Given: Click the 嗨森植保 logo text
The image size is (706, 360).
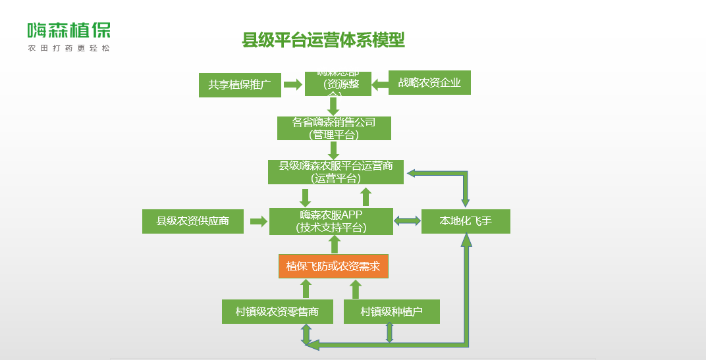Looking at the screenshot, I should coord(68,30).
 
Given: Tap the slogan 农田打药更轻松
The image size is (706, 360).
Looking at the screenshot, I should coord(68,49).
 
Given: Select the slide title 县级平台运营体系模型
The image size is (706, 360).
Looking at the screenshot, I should coord(323,41).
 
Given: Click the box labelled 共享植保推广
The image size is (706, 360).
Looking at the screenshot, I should coord(240,85).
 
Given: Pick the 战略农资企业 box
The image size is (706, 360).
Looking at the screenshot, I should coord(429,82).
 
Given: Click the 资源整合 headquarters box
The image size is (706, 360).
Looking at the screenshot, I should coord(338,84).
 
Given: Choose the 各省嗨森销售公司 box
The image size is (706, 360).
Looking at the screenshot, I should coord(334,128).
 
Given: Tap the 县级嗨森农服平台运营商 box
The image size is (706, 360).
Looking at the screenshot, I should coord(336,172).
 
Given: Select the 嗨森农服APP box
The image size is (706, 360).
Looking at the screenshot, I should coord(331,221).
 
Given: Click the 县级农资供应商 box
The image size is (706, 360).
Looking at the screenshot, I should coord(193,221).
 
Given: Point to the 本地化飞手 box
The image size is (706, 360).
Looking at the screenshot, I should coord(466,221).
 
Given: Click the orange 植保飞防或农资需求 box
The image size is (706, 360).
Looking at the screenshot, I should coord(333,267).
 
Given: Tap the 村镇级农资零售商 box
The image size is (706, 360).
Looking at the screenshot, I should coord(277,311).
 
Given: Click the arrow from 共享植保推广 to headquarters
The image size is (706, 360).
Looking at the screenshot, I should coord(292,84).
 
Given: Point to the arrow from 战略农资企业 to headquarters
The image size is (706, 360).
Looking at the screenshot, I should coord(380,84).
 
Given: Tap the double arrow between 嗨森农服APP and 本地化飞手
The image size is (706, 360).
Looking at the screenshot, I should coord(407,221).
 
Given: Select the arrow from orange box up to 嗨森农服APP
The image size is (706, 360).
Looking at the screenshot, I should coord(334,244).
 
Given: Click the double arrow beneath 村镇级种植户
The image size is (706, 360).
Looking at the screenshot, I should coord(390,332).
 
